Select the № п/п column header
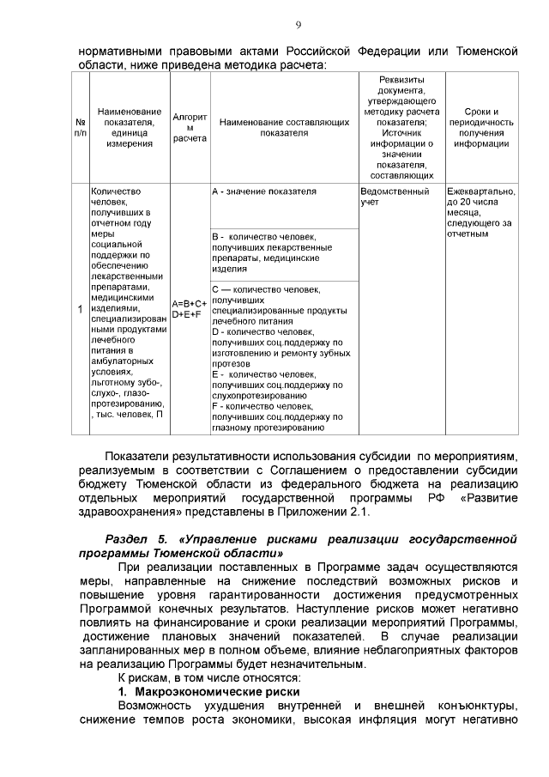click(80, 128)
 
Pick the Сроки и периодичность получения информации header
click(480, 128)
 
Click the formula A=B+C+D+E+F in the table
click(190, 309)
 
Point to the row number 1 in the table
click(80, 309)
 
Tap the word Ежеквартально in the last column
click(480, 191)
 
